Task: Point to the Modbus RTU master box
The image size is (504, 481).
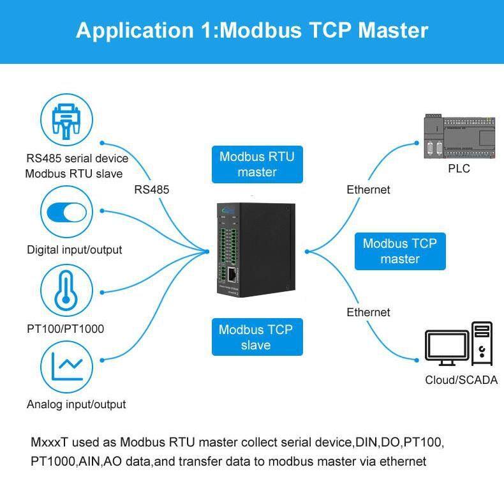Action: (x=257, y=164)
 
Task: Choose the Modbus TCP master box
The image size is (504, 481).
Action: (x=400, y=251)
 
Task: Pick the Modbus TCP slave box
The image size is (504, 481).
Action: (x=256, y=337)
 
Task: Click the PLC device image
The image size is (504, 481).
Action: (x=459, y=137)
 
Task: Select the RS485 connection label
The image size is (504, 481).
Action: (x=152, y=189)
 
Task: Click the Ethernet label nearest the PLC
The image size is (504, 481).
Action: (x=368, y=189)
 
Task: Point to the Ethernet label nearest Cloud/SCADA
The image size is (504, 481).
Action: (x=368, y=312)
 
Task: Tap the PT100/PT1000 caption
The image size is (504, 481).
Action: (x=65, y=329)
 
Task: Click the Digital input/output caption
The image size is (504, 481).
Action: (x=74, y=250)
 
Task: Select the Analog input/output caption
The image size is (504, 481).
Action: (x=76, y=404)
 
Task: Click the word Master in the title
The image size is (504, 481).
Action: (x=390, y=31)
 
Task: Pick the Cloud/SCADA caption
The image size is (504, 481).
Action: (x=459, y=380)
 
